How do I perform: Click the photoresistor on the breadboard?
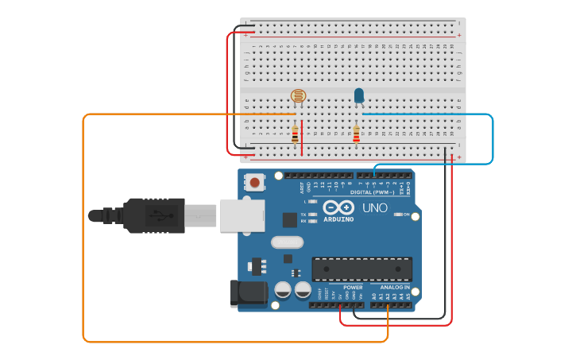298,96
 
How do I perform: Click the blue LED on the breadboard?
359,96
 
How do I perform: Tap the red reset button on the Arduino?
254,182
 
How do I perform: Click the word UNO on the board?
375,207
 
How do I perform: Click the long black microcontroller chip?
361,269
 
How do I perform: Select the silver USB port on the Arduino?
242,215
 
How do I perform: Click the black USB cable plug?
155,215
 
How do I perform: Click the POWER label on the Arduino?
353,287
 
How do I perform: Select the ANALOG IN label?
395,287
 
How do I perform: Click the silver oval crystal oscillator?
287,242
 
